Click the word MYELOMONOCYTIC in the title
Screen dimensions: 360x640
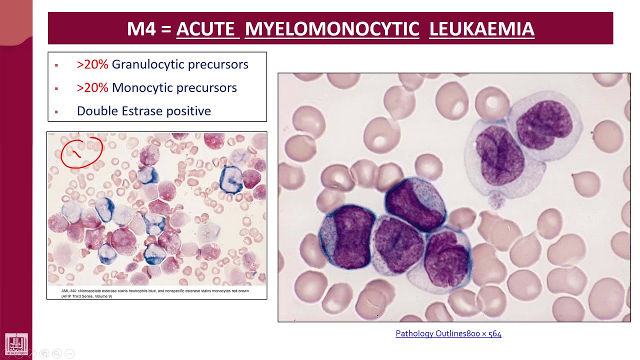(x=332, y=29)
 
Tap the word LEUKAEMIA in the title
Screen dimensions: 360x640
(x=481, y=29)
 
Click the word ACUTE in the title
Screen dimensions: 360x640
(x=205, y=29)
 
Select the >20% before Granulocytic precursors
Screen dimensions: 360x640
(x=92, y=64)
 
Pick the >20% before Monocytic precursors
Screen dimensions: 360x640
(x=92, y=88)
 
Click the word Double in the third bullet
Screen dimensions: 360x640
(x=97, y=111)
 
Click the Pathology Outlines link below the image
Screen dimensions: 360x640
(x=448, y=333)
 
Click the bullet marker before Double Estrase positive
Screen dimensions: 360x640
(x=56, y=112)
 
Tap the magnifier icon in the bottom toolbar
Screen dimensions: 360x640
(x=56, y=353)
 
